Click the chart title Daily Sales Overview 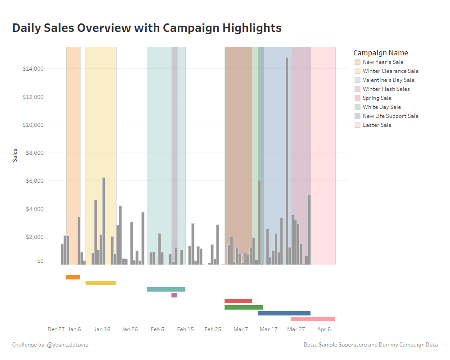tap(147, 28)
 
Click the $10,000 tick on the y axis tap(33, 125)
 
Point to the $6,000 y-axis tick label tap(33, 181)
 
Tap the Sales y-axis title tap(15, 155)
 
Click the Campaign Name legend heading tap(381, 53)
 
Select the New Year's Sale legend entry tap(382, 62)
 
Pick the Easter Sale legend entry tap(377, 125)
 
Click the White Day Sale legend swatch tap(357, 107)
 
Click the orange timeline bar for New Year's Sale tap(73, 277)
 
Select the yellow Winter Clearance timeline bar tap(101, 283)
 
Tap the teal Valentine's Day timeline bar tap(166, 289)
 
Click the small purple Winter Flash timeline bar tap(174, 295)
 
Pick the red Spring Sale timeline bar tap(238, 301)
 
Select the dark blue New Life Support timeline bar tap(284, 313)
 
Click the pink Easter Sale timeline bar tap(313, 319)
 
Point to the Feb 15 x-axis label tap(185, 329)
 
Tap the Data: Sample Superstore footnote tap(370, 345)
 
